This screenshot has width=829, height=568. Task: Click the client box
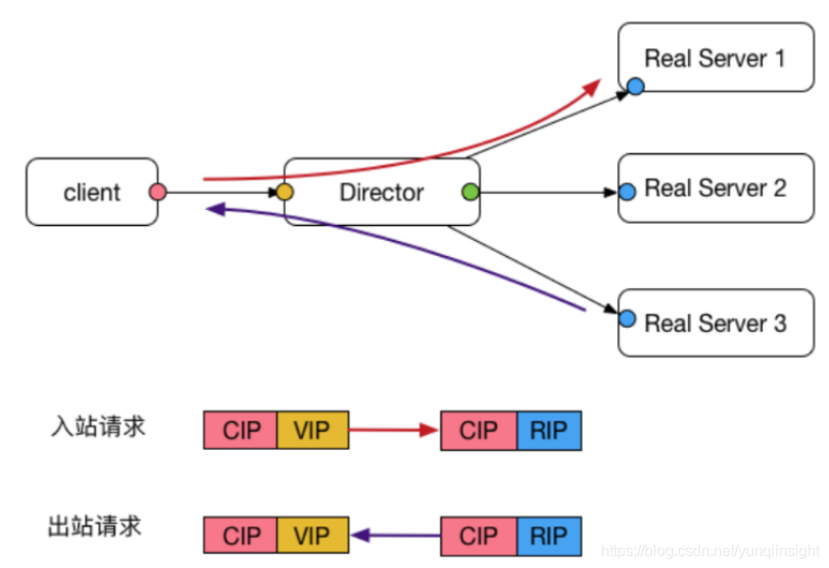point(92,192)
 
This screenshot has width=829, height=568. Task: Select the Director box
point(381,192)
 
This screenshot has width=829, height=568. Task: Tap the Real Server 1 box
point(715,58)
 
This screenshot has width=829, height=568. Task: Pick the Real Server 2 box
point(715,188)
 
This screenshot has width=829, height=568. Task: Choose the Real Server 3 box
point(715,323)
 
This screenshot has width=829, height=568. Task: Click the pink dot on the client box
point(158,193)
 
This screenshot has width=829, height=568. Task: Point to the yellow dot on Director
point(284,193)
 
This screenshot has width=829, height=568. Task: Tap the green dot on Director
point(470,193)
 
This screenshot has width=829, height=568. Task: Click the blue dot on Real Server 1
point(635,87)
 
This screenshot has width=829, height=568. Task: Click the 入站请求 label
point(97,426)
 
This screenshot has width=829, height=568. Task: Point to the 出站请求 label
point(95,525)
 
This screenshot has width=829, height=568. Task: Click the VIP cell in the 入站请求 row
point(312,430)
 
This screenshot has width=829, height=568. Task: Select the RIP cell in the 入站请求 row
point(549,430)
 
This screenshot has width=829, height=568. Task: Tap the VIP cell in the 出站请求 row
point(312,536)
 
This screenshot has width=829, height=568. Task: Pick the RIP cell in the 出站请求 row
point(549,536)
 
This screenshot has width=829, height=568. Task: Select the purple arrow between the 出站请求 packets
point(396,536)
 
